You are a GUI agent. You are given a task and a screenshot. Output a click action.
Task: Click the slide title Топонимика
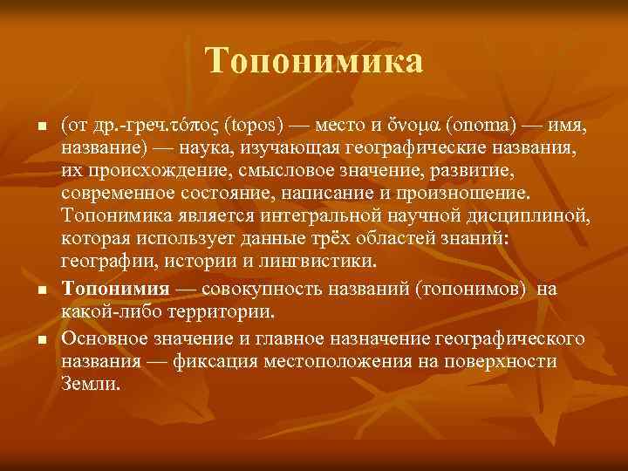click(x=314, y=61)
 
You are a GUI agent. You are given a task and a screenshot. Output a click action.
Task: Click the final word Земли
click(x=86, y=382)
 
